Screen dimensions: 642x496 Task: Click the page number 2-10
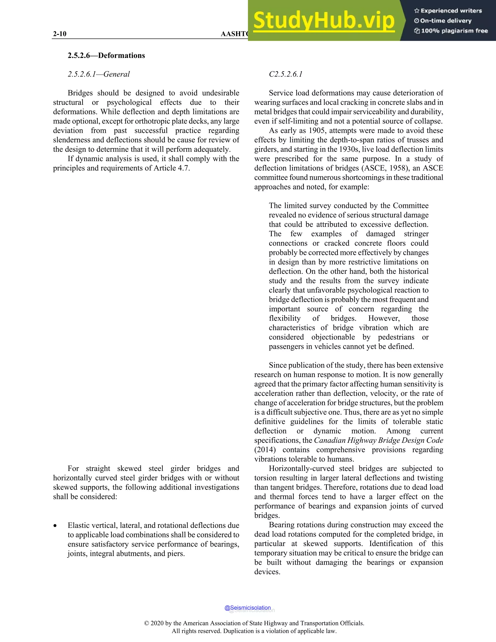pyautogui.click(x=60, y=34)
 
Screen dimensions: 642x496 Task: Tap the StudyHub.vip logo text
pyautogui.click(x=324, y=21)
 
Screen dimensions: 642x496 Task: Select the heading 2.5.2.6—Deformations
pyautogui.click(x=106, y=55)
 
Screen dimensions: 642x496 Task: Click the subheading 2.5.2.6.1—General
pyautogui.click(x=99, y=74)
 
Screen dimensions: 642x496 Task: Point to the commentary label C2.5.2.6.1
pyautogui.click(x=286, y=74)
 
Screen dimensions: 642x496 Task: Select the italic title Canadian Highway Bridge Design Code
pyautogui.click(x=379, y=440)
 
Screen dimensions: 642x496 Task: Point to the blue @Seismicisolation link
pyautogui.click(x=248, y=608)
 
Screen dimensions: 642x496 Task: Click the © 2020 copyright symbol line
pyautogui.click(x=254, y=623)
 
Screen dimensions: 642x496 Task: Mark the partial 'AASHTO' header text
pyautogui.click(x=234, y=34)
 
